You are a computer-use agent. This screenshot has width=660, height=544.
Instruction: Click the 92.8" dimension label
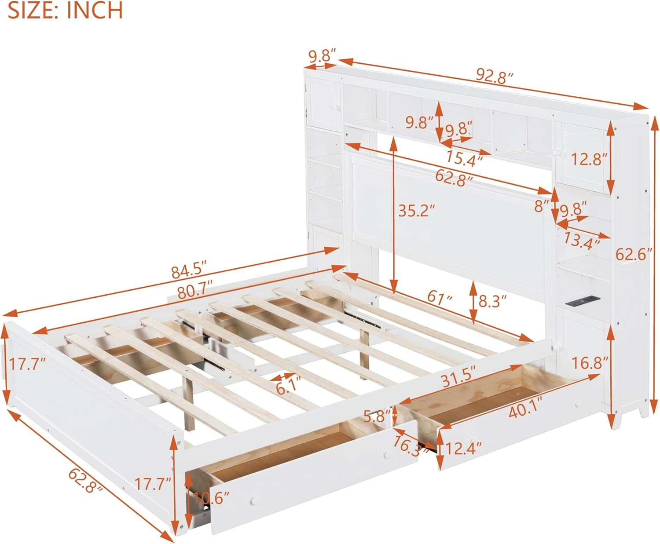[494, 76]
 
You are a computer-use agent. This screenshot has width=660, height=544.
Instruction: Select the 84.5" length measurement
[189, 270]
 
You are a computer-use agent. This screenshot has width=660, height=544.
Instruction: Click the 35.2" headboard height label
[416, 211]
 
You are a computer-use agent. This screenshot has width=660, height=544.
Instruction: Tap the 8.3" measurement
[492, 301]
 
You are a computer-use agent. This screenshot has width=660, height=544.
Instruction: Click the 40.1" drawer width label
[524, 412]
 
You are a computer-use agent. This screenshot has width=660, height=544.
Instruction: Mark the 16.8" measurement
[590, 363]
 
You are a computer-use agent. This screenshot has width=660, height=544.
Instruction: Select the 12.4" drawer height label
[463, 449]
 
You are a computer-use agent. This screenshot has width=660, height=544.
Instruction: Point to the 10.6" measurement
[211, 498]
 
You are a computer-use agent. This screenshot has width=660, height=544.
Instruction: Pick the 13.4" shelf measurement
[582, 241]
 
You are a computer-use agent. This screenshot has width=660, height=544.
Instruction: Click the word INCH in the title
[94, 11]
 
